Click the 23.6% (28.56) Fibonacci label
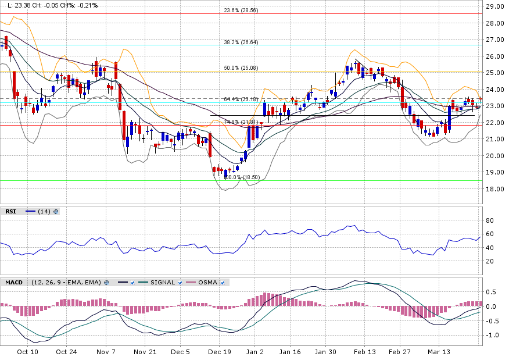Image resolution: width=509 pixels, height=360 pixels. point(241,10)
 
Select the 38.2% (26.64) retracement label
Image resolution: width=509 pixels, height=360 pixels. point(241,42)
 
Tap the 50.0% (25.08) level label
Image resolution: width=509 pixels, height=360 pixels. point(241,68)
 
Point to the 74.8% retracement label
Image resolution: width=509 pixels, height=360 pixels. point(239,122)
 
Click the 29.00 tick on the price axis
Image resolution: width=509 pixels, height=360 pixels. point(494,6)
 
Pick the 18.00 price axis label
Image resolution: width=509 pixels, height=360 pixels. point(494,189)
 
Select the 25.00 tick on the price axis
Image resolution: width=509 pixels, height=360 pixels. point(494,73)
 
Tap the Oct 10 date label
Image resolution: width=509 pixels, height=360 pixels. point(27,352)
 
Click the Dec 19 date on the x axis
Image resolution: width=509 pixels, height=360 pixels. point(220,352)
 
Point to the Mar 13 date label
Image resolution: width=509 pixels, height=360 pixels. point(439,352)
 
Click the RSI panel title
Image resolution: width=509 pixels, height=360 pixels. point(10,212)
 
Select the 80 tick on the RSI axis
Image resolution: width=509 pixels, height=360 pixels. point(490,220)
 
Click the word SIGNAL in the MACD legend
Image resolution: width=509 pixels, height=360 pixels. point(162,283)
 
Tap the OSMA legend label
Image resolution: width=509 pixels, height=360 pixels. point(208,283)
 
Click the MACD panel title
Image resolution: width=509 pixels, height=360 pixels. point(14,283)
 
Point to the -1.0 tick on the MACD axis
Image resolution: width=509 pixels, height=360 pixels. point(492,336)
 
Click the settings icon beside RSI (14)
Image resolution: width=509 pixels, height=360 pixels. point(56,212)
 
